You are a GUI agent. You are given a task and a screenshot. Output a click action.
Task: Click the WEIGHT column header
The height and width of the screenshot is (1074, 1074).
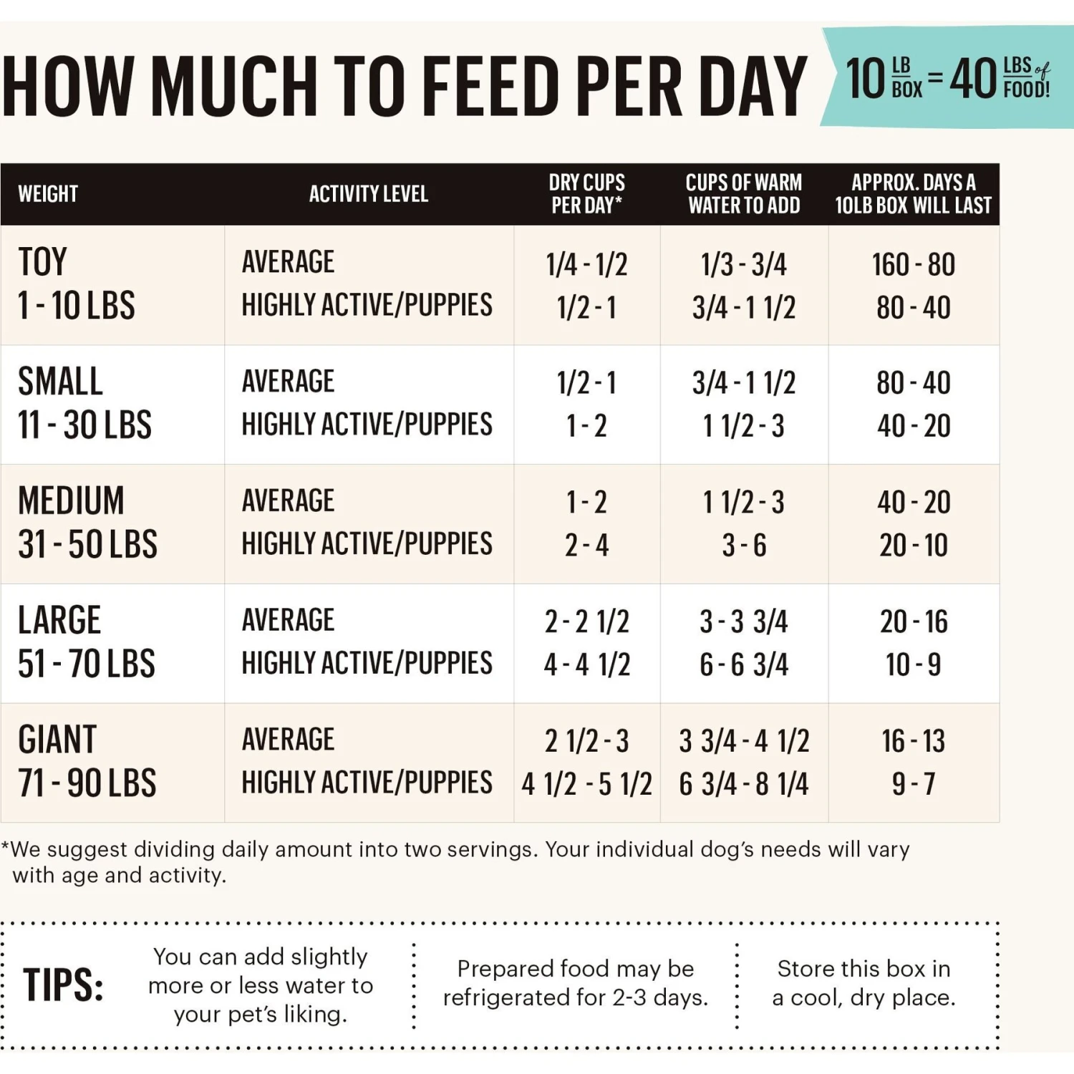click(x=48, y=194)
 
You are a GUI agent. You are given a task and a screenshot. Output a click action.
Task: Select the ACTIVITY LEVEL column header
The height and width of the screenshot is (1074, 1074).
click(x=368, y=194)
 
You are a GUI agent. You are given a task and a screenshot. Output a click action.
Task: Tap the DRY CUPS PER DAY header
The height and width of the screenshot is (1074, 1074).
click(x=586, y=194)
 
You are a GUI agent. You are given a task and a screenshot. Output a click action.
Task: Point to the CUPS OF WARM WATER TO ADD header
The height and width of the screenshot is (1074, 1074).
click(x=744, y=194)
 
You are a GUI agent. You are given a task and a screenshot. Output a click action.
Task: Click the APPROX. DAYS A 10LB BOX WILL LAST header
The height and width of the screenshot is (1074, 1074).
click(x=913, y=194)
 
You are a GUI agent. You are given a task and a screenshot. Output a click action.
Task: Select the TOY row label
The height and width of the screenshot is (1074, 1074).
click(x=43, y=262)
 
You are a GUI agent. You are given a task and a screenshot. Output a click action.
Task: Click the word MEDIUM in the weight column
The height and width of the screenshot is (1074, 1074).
click(x=71, y=500)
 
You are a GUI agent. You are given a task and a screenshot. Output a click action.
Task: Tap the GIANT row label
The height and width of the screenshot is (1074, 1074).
click(x=57, y=740)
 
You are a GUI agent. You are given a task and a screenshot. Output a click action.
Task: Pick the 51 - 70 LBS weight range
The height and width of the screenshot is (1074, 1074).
click(x=87, y=664)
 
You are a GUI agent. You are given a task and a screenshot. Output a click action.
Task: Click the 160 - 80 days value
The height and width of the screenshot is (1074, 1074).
click(x=913, y=265)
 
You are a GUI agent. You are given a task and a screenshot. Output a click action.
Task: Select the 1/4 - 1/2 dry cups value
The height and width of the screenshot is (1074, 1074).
click(x=586, y=265)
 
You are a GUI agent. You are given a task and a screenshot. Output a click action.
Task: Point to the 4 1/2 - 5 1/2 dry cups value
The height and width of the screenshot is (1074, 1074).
click(x=586, y=784)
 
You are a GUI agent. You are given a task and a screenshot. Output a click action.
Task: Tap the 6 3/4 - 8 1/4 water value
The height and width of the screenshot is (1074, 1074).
click(x=744, y=784)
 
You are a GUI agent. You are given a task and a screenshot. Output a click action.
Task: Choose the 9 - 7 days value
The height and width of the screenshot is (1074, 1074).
click(x=913, y=784)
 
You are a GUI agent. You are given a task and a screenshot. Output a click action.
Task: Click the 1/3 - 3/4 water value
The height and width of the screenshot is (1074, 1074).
click(x=744, y=265)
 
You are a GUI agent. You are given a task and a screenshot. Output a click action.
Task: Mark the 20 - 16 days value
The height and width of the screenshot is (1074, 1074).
click(x=913, y=621)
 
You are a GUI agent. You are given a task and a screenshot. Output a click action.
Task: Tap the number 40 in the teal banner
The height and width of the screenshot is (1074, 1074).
click(x=973, y=79)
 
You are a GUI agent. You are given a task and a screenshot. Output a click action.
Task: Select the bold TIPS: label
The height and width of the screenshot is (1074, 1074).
click(x=63, y=984)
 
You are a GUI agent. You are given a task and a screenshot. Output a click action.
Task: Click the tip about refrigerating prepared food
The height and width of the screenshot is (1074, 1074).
click(x=575, y=983)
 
